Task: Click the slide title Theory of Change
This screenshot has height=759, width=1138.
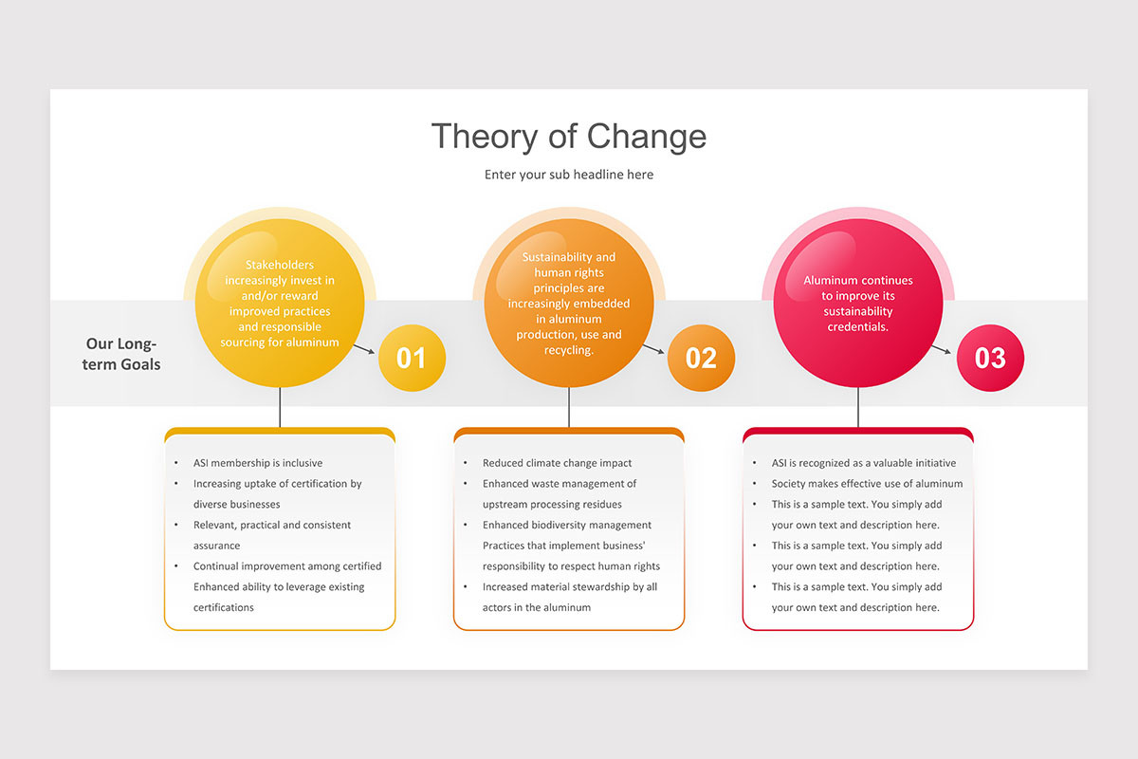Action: [569, 136]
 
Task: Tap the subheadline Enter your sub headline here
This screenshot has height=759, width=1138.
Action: [569, 175]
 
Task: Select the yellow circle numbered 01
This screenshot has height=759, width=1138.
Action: [412, 358]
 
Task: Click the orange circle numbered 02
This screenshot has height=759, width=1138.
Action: [701, 358]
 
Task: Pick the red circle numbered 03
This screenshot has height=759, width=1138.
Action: [990, 358]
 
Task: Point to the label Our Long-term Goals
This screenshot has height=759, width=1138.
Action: [122, 354]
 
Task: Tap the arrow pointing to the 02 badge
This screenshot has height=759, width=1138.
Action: [654, 349]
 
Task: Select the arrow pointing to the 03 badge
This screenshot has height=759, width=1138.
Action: [942, 349]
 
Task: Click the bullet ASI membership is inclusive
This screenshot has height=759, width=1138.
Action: [258, 463]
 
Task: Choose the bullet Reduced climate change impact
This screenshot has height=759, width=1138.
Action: [557, 463]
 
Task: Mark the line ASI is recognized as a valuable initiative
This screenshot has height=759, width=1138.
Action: [864, 463]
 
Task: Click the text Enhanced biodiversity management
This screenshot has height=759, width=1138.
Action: [567, 525]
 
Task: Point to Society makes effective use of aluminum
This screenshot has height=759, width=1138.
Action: [867, 484]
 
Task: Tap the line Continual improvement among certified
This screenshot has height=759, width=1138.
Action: [287, 566]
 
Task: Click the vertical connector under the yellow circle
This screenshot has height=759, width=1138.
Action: [280, 408]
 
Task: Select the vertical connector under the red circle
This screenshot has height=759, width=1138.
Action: [858, 408]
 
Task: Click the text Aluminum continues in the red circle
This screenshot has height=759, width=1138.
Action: [858, 281]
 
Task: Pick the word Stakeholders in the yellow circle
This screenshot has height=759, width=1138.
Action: [280, 265]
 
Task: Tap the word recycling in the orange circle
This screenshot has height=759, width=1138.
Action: [568, 350]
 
